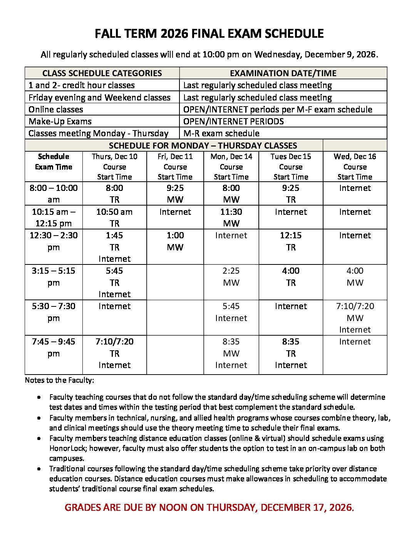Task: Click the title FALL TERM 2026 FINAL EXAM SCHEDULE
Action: coord(209,34)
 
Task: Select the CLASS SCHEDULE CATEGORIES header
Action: coord(102,73)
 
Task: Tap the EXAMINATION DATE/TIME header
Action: coord(283,73)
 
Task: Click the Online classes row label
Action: coord(56,109)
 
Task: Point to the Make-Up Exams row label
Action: coord(60,122)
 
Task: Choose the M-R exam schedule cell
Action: coord(221,134)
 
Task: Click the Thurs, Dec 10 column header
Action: coord(114,167)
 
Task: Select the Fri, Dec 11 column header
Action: coord(175,167)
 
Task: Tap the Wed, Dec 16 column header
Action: coord(355,167)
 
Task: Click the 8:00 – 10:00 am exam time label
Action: coord(54,194)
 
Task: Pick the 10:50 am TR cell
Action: coord(114,217)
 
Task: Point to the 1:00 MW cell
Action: coord(175,241)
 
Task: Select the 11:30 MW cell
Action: coord(231,217)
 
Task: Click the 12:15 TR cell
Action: coord(291,241)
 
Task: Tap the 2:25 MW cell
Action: coord(231,276)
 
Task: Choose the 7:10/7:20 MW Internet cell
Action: coord(355,318)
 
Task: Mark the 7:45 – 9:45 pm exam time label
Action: coord(54,347)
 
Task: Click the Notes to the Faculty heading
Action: coord(59,380)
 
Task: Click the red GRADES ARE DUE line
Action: coord(209,507)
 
